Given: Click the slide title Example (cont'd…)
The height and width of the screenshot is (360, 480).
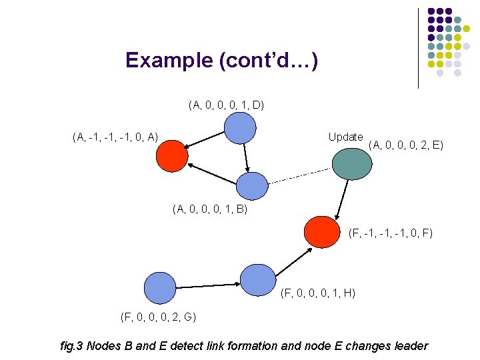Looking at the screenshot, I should (x=221, y=61).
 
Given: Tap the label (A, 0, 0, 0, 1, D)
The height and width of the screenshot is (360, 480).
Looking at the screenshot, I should (x=227, y=105).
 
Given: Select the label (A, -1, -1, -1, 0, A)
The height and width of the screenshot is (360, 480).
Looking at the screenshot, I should (x=115, y=138).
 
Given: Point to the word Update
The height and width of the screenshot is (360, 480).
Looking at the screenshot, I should (x=345, y=137).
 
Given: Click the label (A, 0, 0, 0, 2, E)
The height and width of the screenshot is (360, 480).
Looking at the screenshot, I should (x=405, y=143).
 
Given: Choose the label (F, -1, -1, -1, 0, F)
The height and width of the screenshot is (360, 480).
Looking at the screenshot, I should (x=391, y=233).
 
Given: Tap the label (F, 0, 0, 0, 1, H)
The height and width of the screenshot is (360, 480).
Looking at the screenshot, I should (x=318, y=293).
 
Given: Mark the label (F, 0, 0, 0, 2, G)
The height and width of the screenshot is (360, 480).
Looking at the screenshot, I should (x=158, y=316).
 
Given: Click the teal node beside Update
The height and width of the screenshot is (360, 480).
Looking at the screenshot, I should (x=351, y=163).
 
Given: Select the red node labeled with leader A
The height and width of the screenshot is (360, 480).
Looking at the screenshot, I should (x=172, y=155).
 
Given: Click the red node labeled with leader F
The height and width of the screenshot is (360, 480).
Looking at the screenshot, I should (x=322, y=231).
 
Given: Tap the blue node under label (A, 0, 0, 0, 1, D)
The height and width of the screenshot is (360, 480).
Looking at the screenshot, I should (x=239, y=128).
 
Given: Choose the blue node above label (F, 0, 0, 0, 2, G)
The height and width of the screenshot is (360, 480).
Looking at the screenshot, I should (x=159, y=287).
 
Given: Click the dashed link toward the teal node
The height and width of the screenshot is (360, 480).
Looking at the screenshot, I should (x=300, y=177).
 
